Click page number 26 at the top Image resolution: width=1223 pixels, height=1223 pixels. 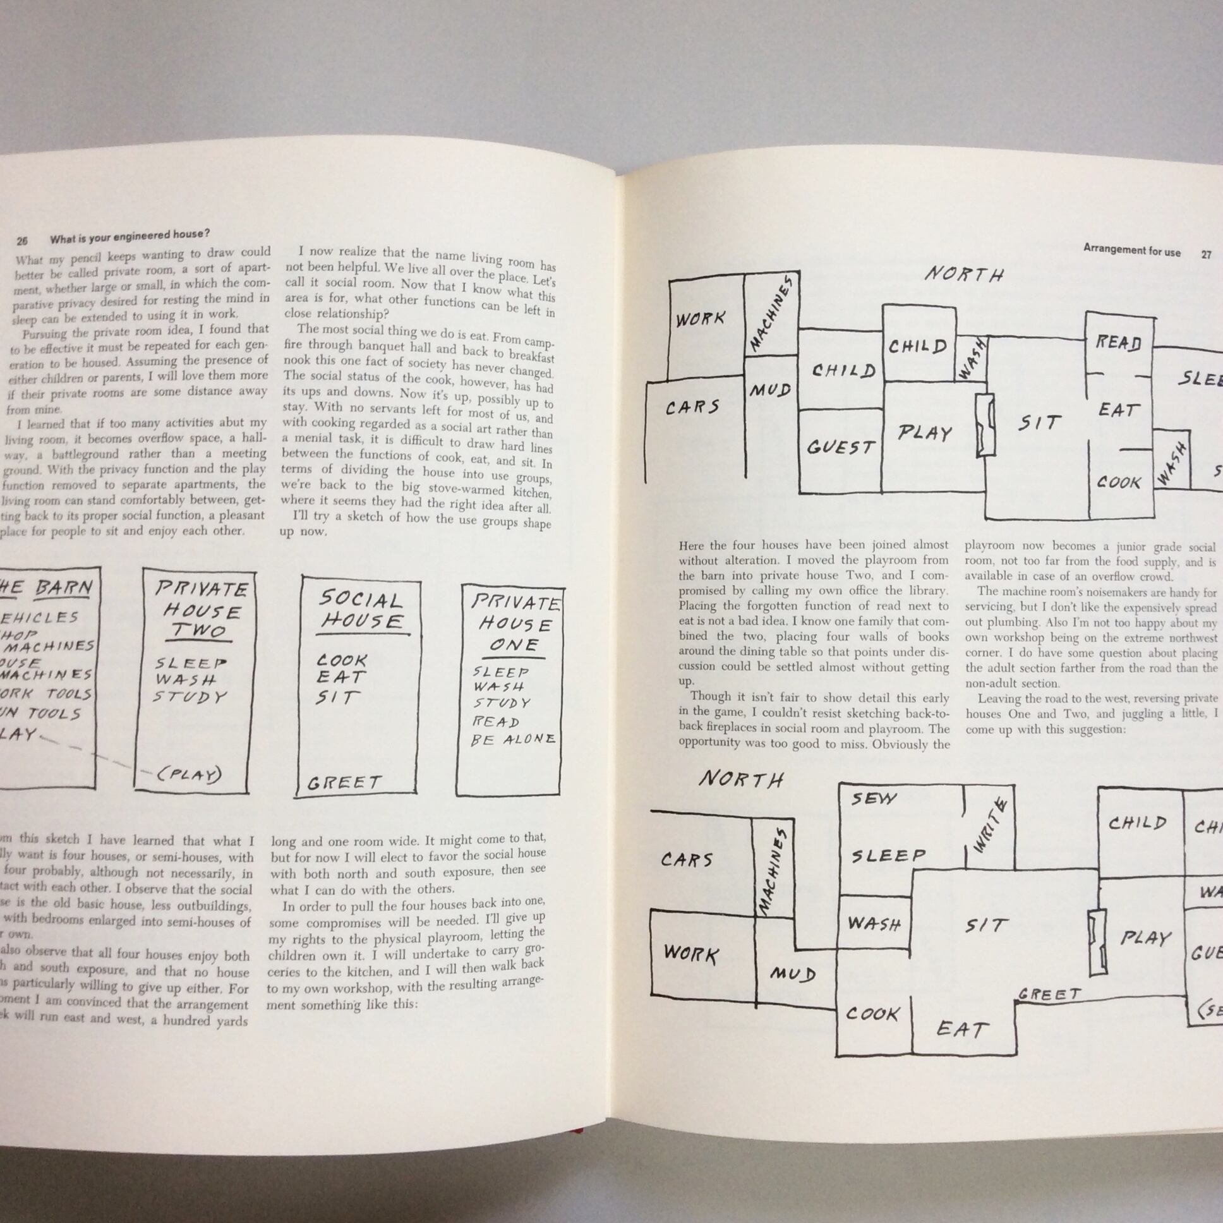pos(22,241)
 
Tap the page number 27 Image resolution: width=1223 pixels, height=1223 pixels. pos(1206,255)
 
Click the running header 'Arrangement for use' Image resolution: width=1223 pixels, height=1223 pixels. pos(1131,250)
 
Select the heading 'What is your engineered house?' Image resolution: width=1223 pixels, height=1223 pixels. pos(130,236)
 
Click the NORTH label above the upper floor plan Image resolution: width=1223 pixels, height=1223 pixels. pos(964,274)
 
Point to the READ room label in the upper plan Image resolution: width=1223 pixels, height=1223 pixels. pos(1119,342)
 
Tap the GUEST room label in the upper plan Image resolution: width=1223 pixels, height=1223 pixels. pos(840,447)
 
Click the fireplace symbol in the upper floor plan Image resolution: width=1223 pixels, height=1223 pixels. pos(985,425)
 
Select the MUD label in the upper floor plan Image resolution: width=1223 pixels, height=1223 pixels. pos(770,390)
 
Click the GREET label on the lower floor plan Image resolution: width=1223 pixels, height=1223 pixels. pos(1049,994)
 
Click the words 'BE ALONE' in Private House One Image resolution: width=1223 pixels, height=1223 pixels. pos(513,739)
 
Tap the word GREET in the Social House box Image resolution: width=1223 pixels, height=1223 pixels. pos(344,783)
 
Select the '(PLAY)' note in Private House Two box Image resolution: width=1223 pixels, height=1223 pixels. pos(189,774)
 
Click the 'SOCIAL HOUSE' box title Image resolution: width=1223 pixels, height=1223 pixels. pos(360,610)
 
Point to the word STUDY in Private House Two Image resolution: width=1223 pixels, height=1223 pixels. pos(191,697)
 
